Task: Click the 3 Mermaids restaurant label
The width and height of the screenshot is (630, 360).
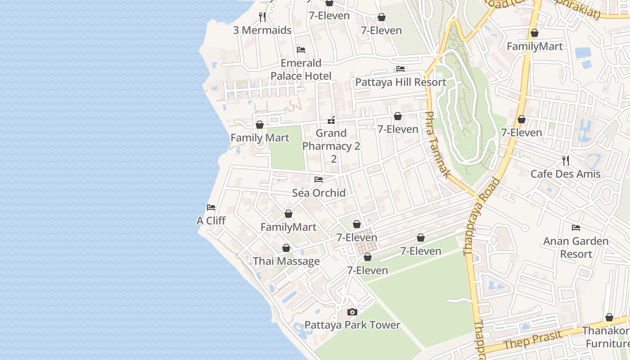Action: coord(262,30)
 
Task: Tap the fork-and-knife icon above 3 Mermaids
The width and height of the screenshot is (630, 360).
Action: coord(262,17)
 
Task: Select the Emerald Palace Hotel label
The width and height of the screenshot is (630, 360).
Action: coord(301,69)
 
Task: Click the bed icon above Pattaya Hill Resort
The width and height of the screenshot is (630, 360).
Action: coord(400,69)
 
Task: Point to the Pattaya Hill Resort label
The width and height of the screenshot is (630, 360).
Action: coord(400,82)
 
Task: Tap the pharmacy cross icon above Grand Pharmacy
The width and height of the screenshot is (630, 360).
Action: coord(331,120)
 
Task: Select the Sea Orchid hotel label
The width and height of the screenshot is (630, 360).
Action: coord(319,193)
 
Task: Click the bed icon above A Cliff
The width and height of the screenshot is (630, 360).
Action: coord(211,207)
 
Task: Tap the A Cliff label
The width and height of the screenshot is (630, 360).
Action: coord(211,221)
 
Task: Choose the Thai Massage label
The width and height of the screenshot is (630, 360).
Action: coord(286,261)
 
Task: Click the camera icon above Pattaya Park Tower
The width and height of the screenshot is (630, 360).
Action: coord(352,312)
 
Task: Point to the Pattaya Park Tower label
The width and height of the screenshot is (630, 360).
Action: coord(352,325)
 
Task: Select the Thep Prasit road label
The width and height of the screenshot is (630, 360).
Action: coord(533,340)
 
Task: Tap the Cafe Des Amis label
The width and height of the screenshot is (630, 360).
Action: coord(565,174)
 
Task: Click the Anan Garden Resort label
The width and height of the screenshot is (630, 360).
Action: coord(576,247)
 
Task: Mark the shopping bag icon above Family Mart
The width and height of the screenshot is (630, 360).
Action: coord(260,125)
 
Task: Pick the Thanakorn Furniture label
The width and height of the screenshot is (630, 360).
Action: coord(605,337)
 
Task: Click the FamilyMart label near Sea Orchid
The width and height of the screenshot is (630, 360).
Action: coord(288,227)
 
